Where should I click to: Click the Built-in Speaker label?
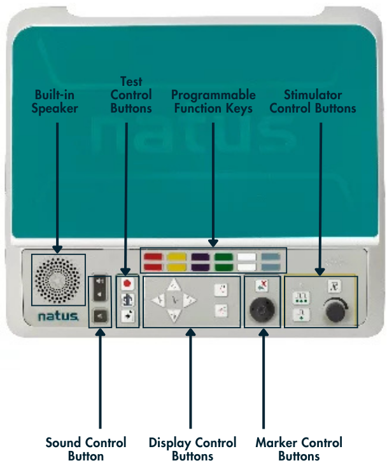(55, 101)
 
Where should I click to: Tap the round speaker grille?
(58, 280)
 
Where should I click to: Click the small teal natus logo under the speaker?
(58, 316)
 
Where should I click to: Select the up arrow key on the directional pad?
(174, 285)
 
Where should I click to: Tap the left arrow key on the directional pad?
(158, 300)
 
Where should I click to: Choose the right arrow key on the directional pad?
(189, 300)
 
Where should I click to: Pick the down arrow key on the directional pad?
(174, 315)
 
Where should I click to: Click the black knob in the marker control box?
(262, 309)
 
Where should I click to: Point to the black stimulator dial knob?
(335, 311)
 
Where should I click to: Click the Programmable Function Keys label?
(213, 101)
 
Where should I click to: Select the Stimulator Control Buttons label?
(313, 101)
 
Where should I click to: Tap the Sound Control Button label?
(86, 449)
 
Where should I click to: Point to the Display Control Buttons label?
(192, 449)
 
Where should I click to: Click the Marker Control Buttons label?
(299, 449)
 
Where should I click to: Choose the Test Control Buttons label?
(131, 95)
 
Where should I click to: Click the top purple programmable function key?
(200, 257)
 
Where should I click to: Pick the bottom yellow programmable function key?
(176, 266)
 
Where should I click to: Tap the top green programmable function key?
(223, 257)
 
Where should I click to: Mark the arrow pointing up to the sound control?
(100, 378)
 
